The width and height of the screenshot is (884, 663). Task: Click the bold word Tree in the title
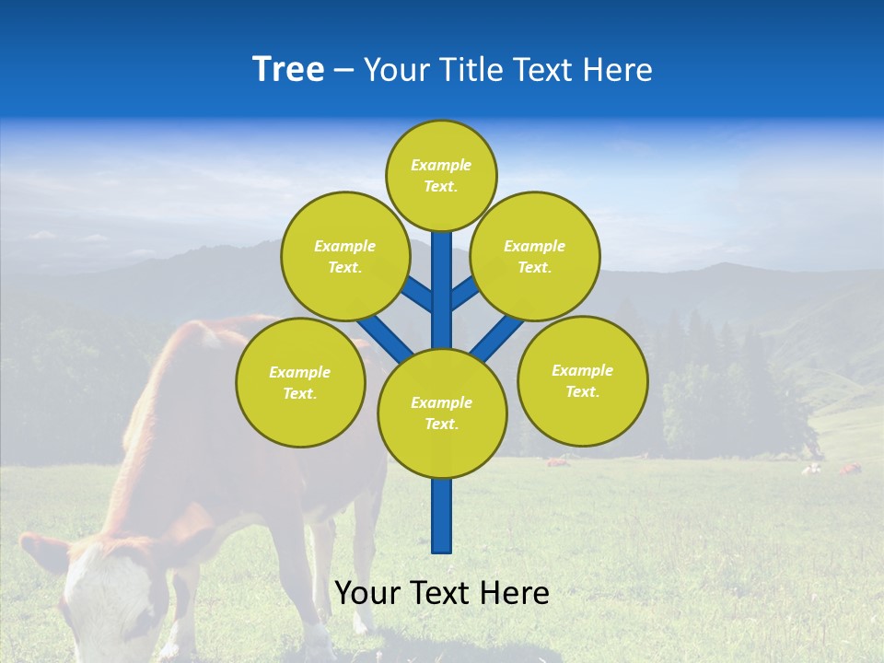pyautogui.click(x=288, y=69)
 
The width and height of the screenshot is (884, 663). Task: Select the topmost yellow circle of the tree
pyautogui.click(x=441, y=175)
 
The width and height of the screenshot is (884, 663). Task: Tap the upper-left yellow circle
pyautogui.click(x=345, y=256)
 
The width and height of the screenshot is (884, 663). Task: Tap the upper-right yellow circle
pyautogui.click(x=535, y=256)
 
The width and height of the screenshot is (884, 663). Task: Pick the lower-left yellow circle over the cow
pyautogui.click(x=300, y=382)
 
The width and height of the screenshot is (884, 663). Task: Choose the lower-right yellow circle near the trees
pyautogui.click(x=583, y=380)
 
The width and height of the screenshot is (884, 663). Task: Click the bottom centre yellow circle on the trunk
pyautogui.click(x=442, y=413)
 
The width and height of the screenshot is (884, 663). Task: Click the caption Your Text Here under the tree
pyautogui.click(x=442, y=593)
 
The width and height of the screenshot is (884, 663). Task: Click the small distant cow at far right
pyautogui.click(x=849, y=469)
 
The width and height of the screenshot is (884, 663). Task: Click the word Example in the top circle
pyautogui.click(x=441, y=165)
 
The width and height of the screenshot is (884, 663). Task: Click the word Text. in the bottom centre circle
pyautogui.click(x=441, y=425)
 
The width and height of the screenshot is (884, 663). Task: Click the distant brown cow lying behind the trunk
pyautogui.click(x=558, y=460)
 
